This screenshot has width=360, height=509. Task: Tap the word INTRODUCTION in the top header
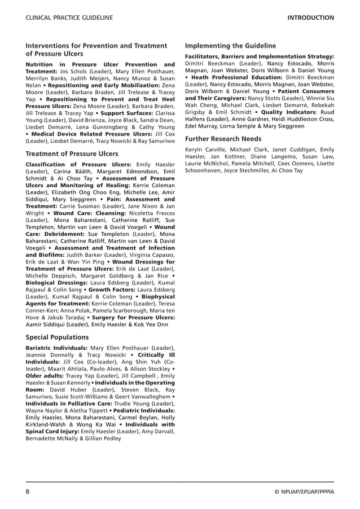(310, 18)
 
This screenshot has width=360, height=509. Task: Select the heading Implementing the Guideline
(230, 46)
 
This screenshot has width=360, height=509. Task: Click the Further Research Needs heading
(223, 138)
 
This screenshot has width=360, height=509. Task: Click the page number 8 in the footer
(28, 492)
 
